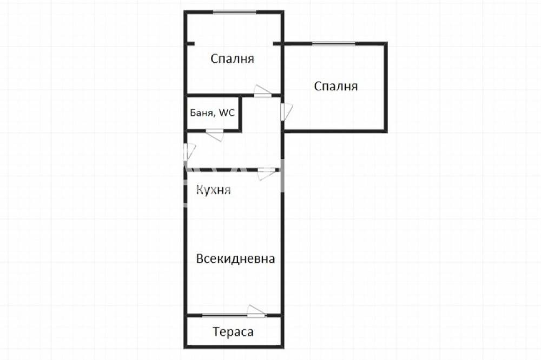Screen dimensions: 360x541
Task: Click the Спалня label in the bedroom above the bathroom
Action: pyautogui.click(x=233, y=59)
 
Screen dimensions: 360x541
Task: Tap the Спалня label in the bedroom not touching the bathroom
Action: pyautogui.click(x=336, y=86)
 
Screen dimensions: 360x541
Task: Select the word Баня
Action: pyautogui.click(x=201, y=114)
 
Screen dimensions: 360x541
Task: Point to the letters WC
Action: pyautogui.click(x=227, y=114)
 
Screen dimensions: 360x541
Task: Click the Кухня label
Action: pyautogui.click(x=214, y=190)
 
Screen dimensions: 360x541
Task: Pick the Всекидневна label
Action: pyautogui.click(x=235, y=259)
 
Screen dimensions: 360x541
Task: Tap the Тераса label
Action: pyautogui.click(x=233, y=332)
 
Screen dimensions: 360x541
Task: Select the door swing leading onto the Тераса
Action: pyautogui.click(x=256, y=311)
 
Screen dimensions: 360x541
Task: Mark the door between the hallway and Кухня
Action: pyautogui.click(x=266, y=173)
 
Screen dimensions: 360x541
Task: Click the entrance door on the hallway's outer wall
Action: pyautogui.click(x=189, y=151)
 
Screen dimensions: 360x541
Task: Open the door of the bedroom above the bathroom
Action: pyautogui.click(x=262, y=91)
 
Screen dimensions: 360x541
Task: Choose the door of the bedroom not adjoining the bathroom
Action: pyautogui.click(x=286, y=111)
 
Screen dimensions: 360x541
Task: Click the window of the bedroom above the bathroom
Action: pyautogui.click(x=234, y=12)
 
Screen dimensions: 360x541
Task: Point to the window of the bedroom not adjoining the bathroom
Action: pyautogui.click(x=334, y=43)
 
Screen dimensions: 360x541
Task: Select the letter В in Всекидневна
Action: pyautogui.click(x=200, y=259)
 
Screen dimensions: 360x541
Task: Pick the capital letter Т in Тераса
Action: pyautogui.click(x=216, y=332)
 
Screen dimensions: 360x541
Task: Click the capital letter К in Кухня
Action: pyautogui.click(x=199, y=190)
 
